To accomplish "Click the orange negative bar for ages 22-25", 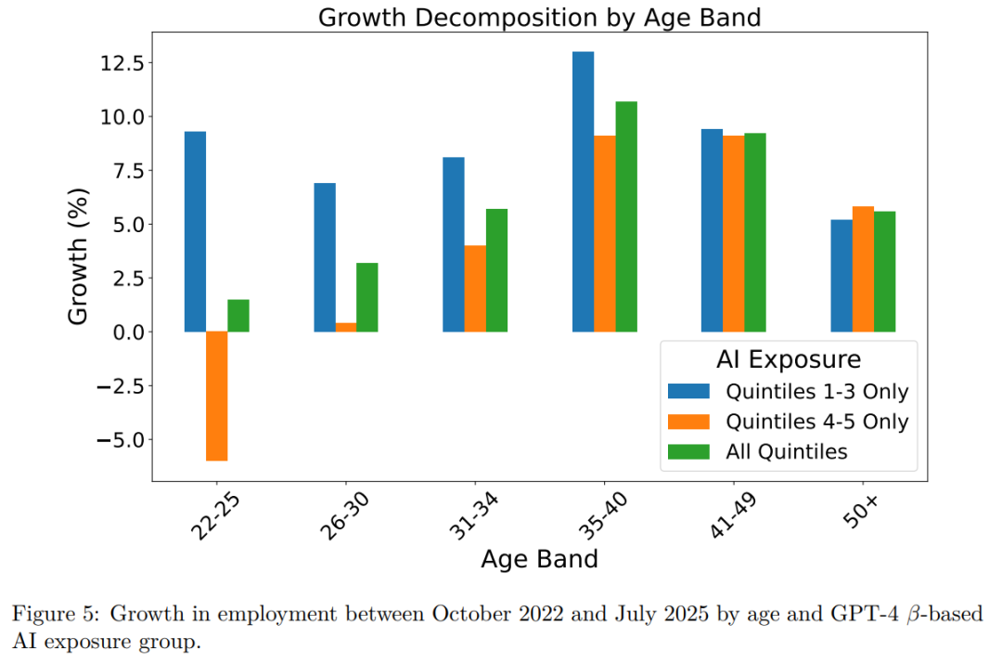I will click(x=217, y=396).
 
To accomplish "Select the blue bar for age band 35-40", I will click(x=583, y=191).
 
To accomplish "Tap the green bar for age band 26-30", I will click(x=367, y=297).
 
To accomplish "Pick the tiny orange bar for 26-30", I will click(x=346, y=327).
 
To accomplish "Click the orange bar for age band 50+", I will click(x=863, y=268).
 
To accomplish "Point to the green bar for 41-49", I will click(x=755, y=232).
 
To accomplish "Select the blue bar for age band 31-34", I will click(x=454, y=244).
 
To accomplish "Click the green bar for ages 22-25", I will click(x=238, y=316).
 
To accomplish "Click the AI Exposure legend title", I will click(x=789, y=359).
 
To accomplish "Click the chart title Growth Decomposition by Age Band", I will click(x=540, y=18).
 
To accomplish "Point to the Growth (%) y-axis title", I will click(x=81, y=256).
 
